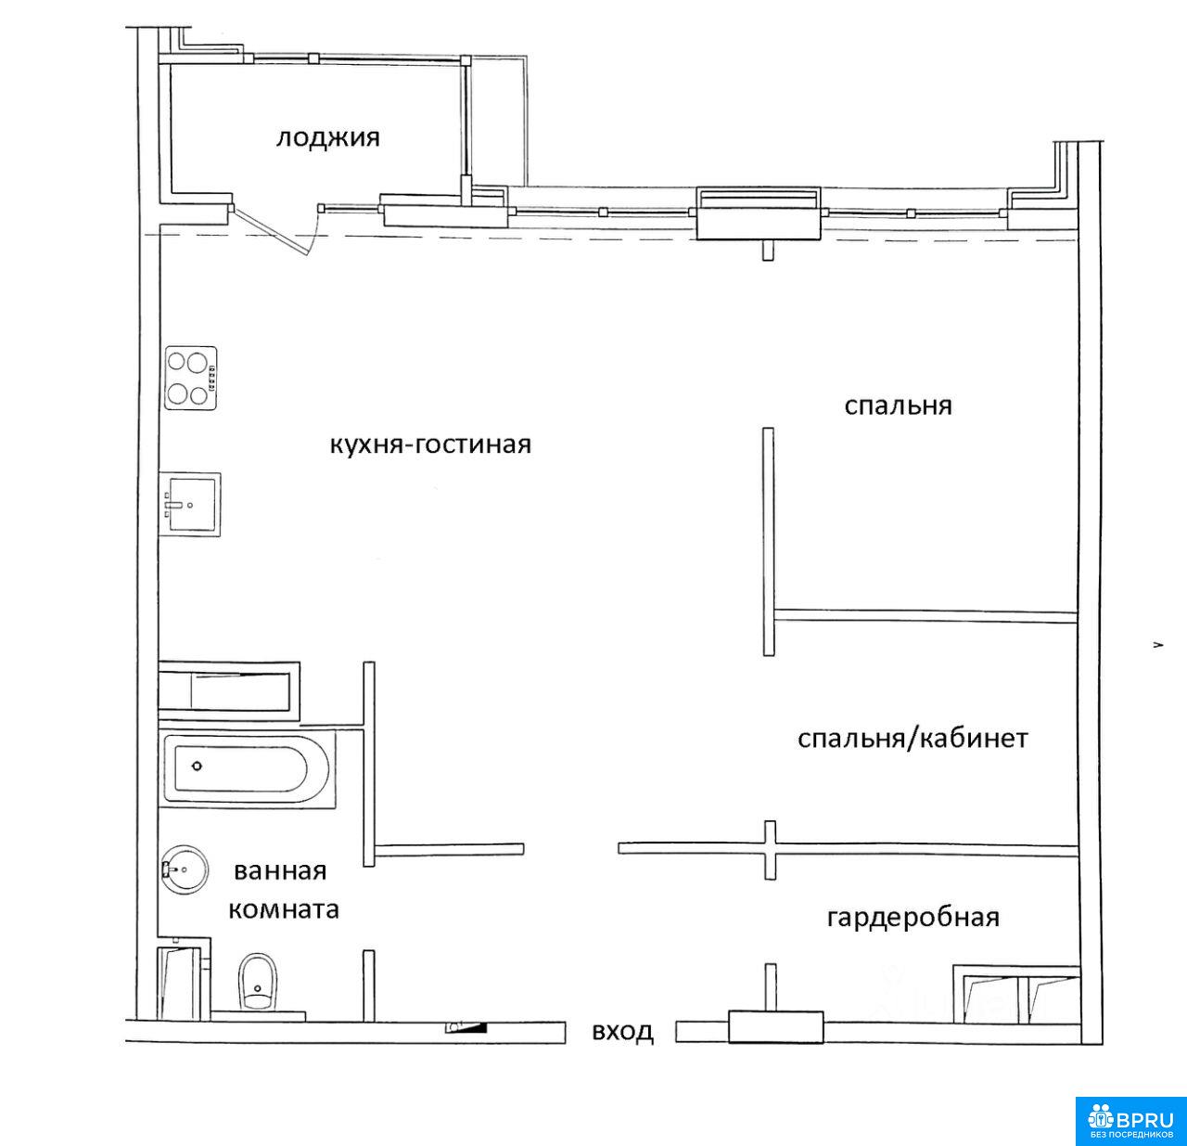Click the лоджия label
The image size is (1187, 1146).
click(x=327, y=138)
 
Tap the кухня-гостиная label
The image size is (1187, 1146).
click(x=430, y=444)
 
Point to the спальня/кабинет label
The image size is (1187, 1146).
click(x=913, y=739)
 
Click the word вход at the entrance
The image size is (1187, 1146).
click(x=622, y=1032)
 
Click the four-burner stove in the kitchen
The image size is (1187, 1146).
click(x=191, y=379)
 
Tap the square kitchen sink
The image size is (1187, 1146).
click(x=190, y=505)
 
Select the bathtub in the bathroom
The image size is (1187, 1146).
click(x=247, y=767)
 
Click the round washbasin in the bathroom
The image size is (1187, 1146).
click(x=185, y=869)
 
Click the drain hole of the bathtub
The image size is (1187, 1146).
click(x=197, y=766)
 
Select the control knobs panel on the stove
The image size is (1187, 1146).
click(x=212, y=379)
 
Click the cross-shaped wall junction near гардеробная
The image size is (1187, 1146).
click(x=770, y=850)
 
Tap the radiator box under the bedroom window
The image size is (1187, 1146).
click(x=759, y=213)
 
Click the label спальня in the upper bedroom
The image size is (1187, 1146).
click(x=898, y=406)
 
